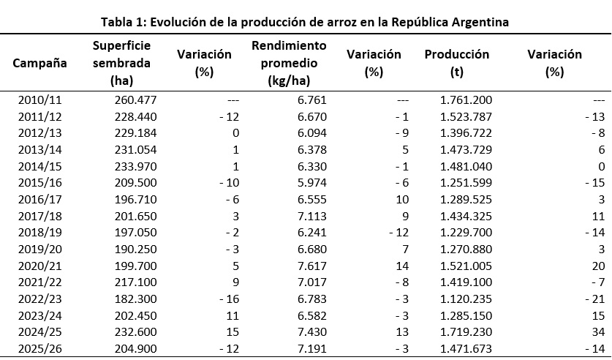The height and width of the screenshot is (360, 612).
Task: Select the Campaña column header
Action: tap(39, 63)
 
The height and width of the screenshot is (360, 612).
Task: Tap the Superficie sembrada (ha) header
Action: tap(122, 63)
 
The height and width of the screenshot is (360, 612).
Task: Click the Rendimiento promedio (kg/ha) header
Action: tap(289, 63)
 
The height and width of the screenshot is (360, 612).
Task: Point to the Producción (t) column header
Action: tap(457, 63)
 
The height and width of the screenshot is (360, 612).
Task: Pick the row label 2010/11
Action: tap(39, 100)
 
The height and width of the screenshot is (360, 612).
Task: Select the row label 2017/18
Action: tap(39, 216)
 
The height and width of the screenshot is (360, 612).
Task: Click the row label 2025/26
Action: tap(39, 348)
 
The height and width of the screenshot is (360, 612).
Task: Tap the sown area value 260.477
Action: tap(135, 100)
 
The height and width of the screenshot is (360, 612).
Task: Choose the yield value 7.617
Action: tap(312, 266)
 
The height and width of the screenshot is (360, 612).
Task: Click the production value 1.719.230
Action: tap(466, 332)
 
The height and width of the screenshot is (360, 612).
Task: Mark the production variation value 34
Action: tap(598, 332)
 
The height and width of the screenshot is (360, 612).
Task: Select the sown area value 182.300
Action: tap(135, 299)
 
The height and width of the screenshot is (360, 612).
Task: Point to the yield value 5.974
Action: tap(312, 183)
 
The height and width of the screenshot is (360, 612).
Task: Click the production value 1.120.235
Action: tap(466, 299)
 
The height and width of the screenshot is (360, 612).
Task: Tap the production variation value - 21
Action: tap(595, 299)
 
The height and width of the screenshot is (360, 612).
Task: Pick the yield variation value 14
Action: tap(402, 266)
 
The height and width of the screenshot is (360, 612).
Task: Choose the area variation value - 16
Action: tap(229, 299)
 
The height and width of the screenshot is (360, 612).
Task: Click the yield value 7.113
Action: tap(312, 216)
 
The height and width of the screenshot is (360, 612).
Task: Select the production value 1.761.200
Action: tap(466, 100)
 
